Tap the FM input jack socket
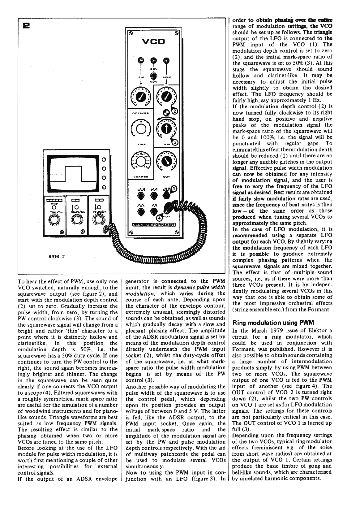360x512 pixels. click(x=141, y=60)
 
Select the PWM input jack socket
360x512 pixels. click(x=167, y=60)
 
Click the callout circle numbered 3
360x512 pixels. click(x=175, y=142)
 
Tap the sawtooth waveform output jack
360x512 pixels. click(x=141, y=195)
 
